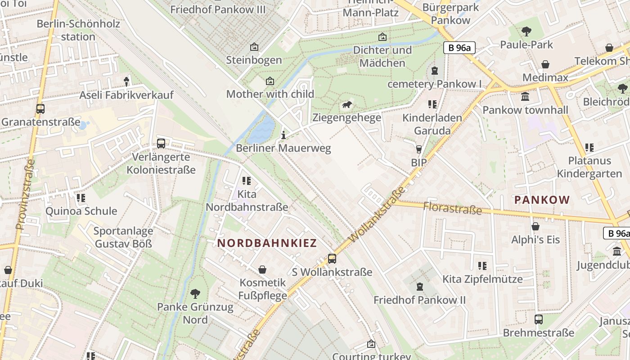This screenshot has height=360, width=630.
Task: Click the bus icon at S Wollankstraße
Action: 332,259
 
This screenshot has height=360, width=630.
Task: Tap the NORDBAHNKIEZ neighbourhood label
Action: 267,243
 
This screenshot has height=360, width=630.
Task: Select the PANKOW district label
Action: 542,200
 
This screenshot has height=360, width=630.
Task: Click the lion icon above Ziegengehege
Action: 347,105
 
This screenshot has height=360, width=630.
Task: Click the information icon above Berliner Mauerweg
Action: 283,135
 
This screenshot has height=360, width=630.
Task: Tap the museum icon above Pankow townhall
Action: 525,97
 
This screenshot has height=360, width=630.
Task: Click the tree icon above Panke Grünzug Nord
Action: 195,294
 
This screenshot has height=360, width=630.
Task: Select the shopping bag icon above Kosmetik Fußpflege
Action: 262,270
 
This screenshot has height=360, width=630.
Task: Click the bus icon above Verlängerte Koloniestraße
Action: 161,144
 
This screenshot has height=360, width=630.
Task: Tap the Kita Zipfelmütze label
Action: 482,279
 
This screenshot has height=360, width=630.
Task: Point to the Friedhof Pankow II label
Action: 419,300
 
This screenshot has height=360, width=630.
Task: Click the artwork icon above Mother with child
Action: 270,81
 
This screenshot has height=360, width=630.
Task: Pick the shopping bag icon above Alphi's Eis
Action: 535,226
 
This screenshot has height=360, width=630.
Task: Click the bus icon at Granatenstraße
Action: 40,109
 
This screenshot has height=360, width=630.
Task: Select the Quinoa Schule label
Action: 81,211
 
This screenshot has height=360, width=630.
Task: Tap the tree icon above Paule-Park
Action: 526,31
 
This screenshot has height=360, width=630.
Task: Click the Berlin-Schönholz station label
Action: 78,30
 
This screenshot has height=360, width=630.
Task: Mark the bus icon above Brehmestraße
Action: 539,319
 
